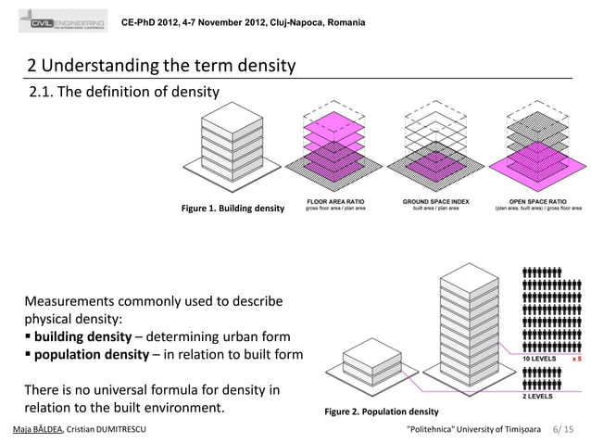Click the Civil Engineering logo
tap(64, 23)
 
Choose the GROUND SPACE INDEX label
tap(435, 201)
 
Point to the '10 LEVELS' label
tap(542, 358)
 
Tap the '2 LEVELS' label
tap(539, 396)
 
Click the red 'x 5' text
tap(575, 358)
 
